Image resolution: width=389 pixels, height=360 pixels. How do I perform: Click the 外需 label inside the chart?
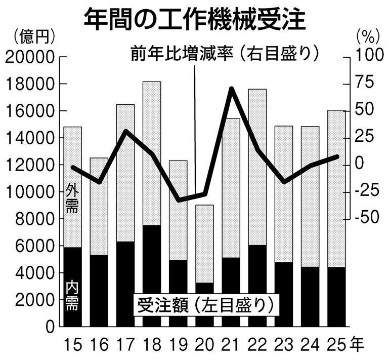(72, 199)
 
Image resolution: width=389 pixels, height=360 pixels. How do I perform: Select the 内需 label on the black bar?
(72, 297)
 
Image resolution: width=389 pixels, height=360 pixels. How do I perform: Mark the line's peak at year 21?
(231, 89)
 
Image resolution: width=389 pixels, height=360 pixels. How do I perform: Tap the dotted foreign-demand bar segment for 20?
(204, 244)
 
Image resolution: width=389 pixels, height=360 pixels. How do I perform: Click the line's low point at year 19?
(178, 200)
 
